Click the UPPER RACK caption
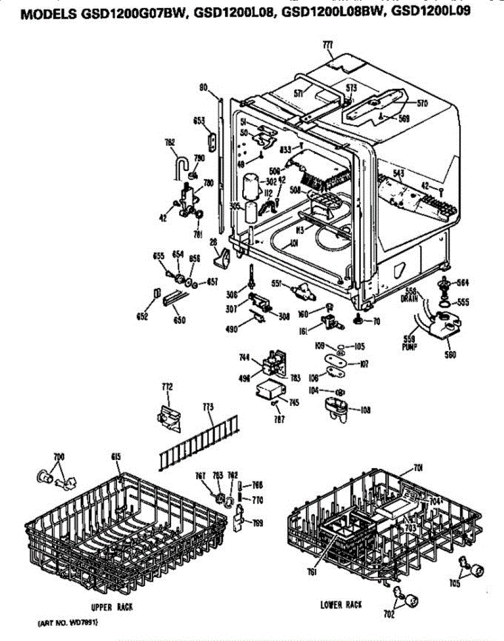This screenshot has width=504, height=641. pyautogui.click(x=112, y=607)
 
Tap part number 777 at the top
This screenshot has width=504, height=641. pyautogui.click(x=328, y=46)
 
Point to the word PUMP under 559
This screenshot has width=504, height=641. pyautogui.click(x=409, y=347)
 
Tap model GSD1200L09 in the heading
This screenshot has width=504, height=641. pyautogui.click(x=431, y=11)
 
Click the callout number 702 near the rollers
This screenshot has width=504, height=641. pyautogui.click(x=389, y=614)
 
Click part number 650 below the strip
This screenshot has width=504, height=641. pyautogui.click(x=180, y=320)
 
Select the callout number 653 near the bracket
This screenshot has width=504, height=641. pyautogui.click(x=199, y=121)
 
